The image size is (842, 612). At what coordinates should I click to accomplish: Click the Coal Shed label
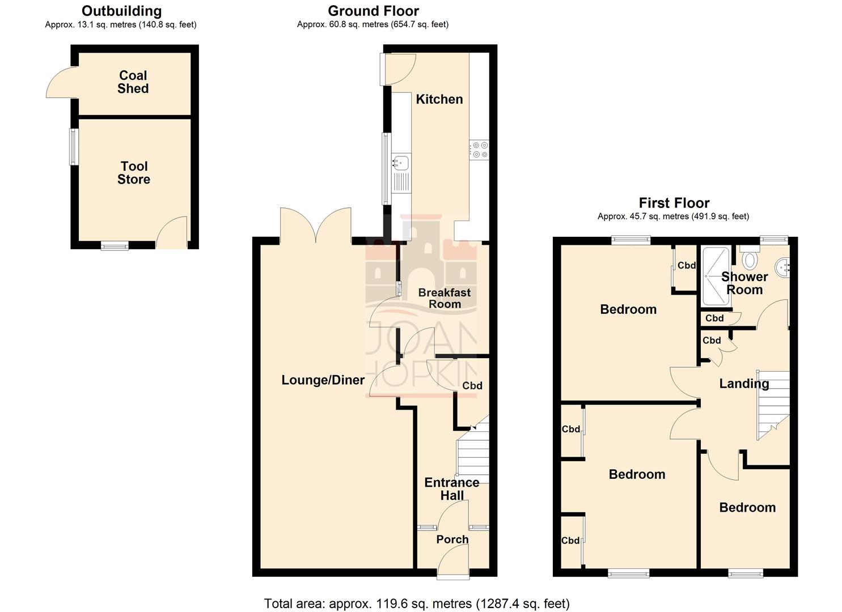[133, 82]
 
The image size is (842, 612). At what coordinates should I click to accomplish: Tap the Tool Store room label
[134, 173]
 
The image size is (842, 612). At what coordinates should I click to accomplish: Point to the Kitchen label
[439, 99]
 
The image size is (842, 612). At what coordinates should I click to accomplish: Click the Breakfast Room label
[445, 298]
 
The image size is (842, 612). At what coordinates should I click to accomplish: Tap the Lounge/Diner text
[323, 380]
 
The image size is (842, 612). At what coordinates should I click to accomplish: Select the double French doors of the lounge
[315, 227]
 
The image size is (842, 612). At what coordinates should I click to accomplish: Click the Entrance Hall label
[452, 488]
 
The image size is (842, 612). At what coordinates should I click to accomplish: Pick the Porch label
[452, 539]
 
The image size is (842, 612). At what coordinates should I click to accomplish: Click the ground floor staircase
[473, 453]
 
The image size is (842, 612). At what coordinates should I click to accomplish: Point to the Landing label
[743, 384]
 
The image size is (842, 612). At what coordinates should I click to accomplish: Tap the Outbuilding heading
[121, 11]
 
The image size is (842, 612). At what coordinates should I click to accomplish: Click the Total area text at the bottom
[417, 603]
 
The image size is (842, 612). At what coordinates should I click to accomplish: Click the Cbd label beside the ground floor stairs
[472, 385]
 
